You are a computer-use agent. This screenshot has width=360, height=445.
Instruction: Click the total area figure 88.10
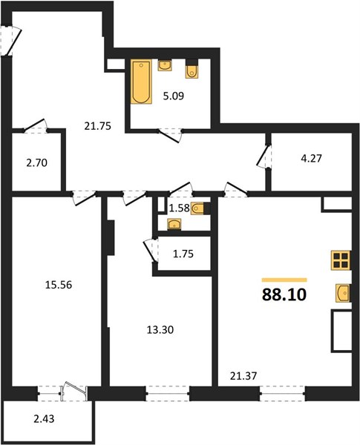coord(284,295)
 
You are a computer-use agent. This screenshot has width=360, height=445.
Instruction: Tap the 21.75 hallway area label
coord(97,126)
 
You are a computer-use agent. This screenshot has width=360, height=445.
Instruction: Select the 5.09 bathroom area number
coord(174,96)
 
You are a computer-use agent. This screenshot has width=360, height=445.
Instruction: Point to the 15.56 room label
coord(59,285)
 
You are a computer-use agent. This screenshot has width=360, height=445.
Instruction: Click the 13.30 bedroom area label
coord(160,330)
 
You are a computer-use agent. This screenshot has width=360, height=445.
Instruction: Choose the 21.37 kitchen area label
coord(243,376)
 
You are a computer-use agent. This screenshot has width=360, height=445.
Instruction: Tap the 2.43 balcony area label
coord(44,418)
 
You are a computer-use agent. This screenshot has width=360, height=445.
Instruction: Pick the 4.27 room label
coord(312,158)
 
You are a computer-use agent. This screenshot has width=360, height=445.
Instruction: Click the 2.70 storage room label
coord(36,163)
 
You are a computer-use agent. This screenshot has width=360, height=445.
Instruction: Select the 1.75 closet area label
coord(183,254)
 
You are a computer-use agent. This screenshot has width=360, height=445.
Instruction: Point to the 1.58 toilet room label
coord(180,208)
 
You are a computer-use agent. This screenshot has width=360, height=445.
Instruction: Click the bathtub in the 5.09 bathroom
coord(141,82)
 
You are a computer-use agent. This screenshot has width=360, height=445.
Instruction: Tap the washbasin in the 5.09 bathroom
coord(165,65)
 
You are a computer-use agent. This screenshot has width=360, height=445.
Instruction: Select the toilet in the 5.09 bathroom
coord(192,69)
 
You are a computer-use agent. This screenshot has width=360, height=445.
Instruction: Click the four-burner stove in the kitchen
coord(341,260)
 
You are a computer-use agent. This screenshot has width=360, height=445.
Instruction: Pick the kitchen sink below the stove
coord(343,293)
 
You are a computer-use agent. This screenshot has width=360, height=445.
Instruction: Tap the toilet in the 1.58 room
coord(200,208)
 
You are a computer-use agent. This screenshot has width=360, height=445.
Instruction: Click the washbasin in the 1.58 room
coord(174,225)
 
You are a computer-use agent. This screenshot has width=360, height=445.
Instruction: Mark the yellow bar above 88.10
coord(284,280)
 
